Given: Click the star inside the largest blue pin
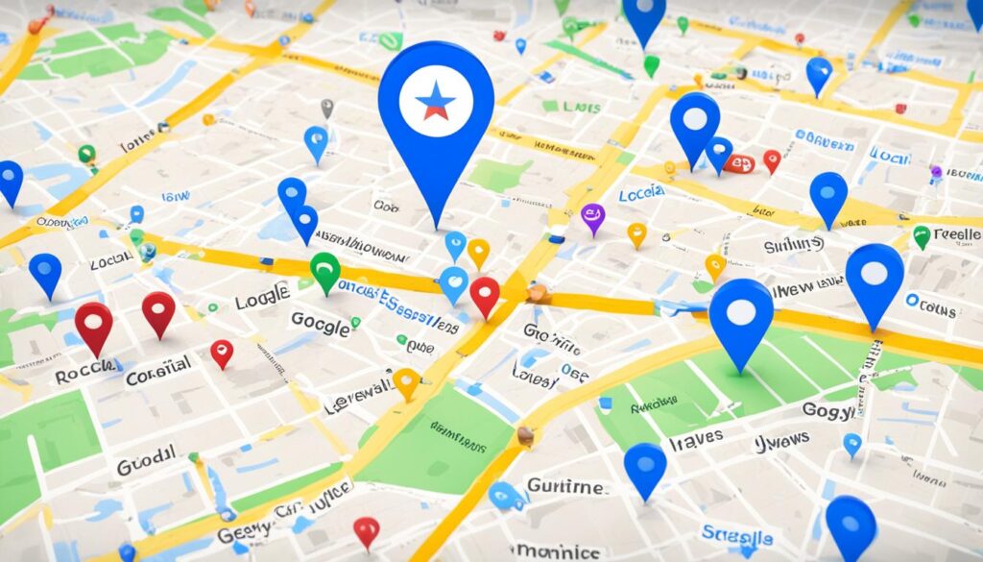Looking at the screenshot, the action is (x=436, y=101).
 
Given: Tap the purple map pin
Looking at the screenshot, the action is (x=593, y=216).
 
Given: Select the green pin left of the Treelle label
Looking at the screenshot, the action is (x=922, y=235).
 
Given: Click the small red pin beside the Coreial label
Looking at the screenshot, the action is (x=222, y=352).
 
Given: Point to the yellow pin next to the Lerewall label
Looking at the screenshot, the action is (x=406, y=381).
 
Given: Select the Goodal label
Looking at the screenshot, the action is (x=146, y=462).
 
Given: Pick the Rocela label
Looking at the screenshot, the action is (x=85, y=371).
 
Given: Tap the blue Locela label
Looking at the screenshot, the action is (x=641, y=194).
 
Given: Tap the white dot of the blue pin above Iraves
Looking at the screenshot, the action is (x=741, y=311).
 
